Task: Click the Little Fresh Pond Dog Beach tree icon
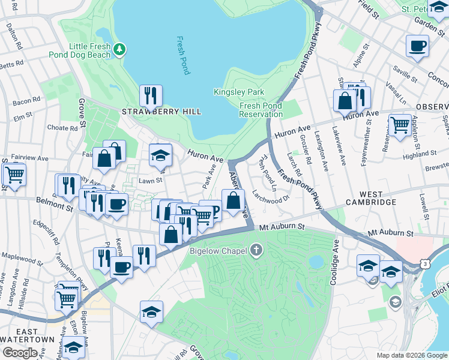click(x=120, y=49)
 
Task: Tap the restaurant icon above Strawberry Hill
click(x=151, y=95)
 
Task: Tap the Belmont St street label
click(x=53, y=204)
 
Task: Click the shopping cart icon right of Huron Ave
click(x=400, y=125)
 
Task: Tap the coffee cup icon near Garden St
click(x=417, y=46)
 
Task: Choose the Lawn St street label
click(x=151, y=179)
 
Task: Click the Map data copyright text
click(x=411, y=355)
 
